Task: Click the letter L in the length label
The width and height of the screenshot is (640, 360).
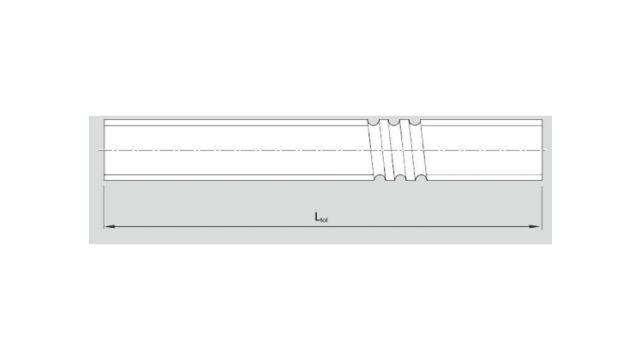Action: [316, 216]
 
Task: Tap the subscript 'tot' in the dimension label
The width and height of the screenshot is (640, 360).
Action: [324, 219]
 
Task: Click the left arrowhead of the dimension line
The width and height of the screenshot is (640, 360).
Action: [108, 227]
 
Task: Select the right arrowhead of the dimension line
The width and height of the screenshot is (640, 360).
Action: [537, 227]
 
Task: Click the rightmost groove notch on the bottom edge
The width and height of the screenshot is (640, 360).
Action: [419, 178]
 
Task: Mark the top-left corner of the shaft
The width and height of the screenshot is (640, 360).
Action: [104, 119]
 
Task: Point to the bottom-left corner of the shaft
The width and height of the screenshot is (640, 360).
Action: [104, 182]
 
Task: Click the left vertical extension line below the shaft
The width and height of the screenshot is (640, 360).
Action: [104, 205]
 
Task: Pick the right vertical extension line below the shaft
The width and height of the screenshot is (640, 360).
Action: [541, 205]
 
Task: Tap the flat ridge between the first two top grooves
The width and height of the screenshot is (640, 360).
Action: [384, 120]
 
